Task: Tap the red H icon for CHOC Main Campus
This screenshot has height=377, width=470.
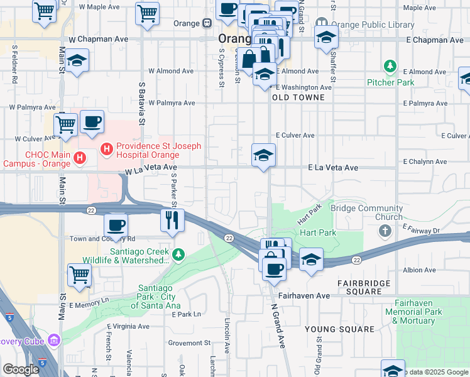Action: (x=80, y=157)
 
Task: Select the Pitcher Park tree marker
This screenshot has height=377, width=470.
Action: (x=391, y=67)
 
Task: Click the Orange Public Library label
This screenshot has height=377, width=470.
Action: (x=373, y=25)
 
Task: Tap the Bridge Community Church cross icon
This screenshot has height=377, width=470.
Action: (x=385, y=231)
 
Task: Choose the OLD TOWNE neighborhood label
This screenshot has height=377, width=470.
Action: (x=298, y=97)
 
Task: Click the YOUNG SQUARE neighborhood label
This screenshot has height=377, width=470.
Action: (x=331, y=329)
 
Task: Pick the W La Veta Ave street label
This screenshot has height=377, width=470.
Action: (x=151, y=168)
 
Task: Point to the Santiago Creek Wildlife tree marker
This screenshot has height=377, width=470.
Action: (x=179, y=254)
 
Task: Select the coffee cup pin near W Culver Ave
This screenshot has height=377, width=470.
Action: (x=92, y=122)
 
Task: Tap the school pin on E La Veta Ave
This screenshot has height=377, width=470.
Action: (x=263, y=155)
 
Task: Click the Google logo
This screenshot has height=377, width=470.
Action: (x=21, y=369)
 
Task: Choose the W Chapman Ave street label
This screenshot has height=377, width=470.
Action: (x=99, y=39)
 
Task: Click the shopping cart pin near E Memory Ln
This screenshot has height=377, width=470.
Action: (x=79, y=275)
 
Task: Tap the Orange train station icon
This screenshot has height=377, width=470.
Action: (x=206, y=23)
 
